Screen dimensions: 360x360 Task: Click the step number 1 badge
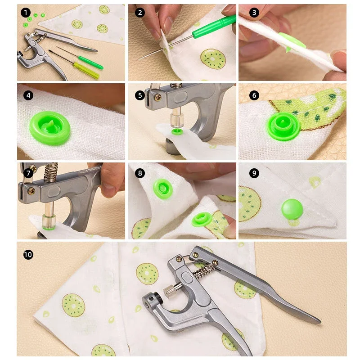(25, 13)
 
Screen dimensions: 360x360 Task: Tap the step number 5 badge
(140, 95)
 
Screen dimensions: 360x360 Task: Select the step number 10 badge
(28, 255)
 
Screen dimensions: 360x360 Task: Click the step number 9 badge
(254, 173)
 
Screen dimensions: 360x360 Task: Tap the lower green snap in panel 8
(200, 219)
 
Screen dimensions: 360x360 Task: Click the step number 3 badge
(254, 13)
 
